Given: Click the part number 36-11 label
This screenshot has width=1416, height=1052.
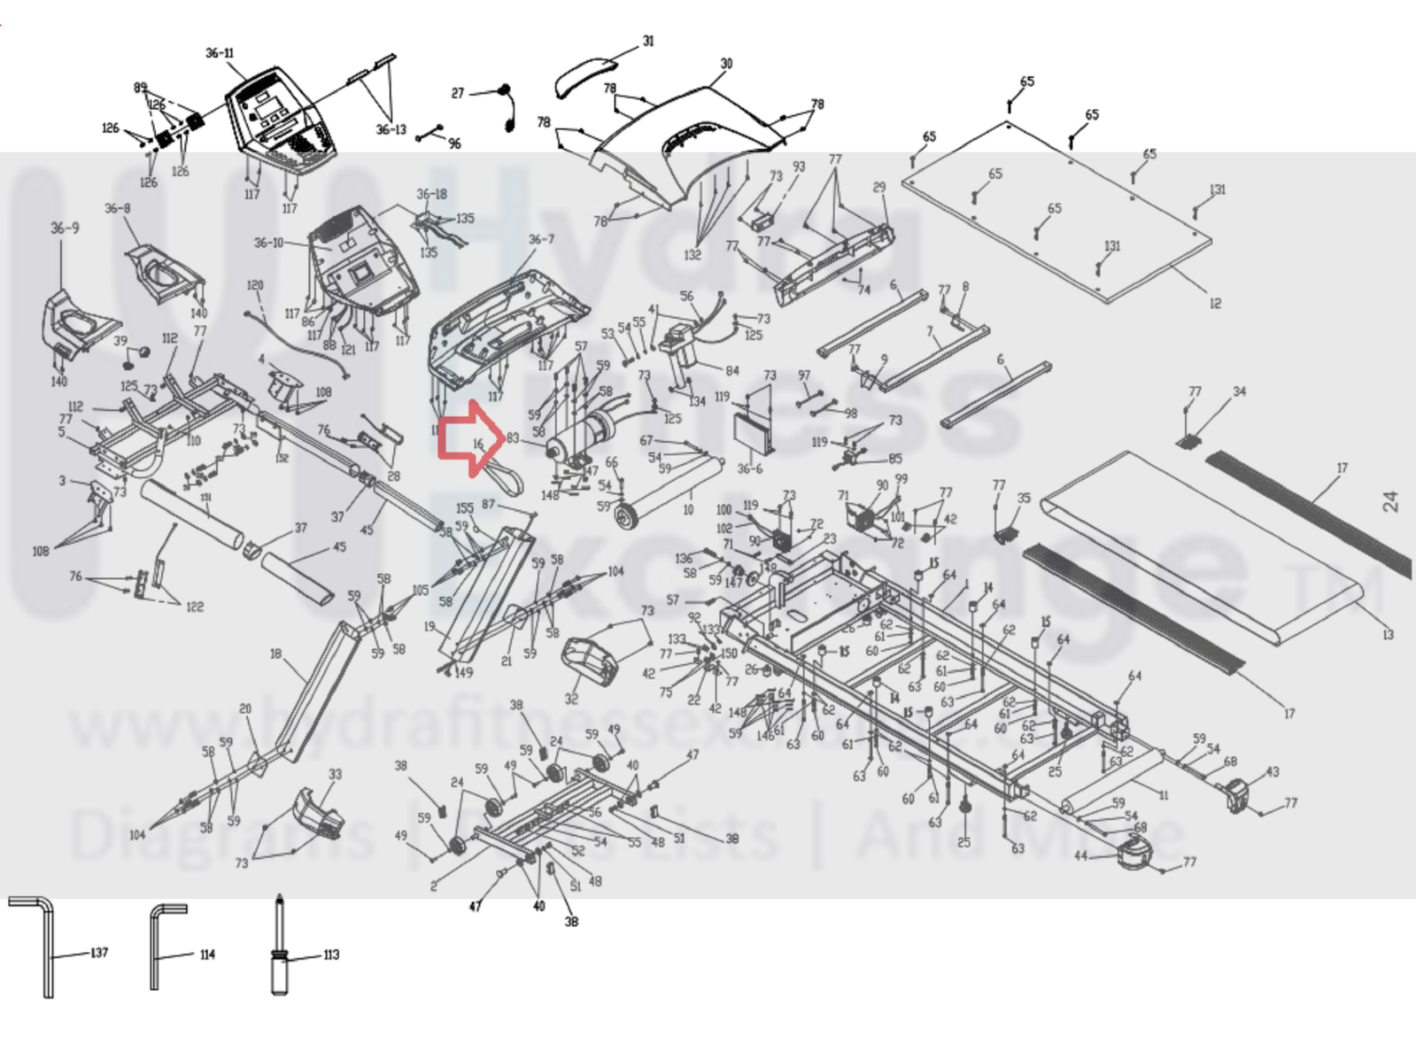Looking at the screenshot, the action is [x=220, y=53].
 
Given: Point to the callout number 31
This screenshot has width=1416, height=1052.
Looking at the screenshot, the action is [x=648, y=41].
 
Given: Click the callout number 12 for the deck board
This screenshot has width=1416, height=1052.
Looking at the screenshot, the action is [x=1215, y=304].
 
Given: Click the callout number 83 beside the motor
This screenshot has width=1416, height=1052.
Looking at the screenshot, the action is [x=513, y=438].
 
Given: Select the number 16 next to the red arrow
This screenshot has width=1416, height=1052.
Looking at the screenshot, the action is [x=478, y=444].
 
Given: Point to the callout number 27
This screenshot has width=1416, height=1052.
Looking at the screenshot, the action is [x=458, y=93].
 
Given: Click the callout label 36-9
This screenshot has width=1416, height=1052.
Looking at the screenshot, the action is [x=65, y=228].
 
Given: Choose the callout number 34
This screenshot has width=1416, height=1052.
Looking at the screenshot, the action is [x=1240, y=391].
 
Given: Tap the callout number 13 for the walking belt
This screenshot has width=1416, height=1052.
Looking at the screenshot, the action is [x=1388, y=634].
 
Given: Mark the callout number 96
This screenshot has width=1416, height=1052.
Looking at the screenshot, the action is [x=454, y=143].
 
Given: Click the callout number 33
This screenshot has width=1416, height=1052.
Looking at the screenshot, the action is [x=335, y=774].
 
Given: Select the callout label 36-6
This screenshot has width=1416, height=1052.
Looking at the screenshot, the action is [x=750, y=468].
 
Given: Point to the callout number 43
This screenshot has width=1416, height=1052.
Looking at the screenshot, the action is [x=1273, y=771].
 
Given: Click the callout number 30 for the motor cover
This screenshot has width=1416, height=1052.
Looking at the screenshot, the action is [x=726, y=64].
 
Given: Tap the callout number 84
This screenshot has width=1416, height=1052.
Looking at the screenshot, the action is [x=731, y=371].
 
